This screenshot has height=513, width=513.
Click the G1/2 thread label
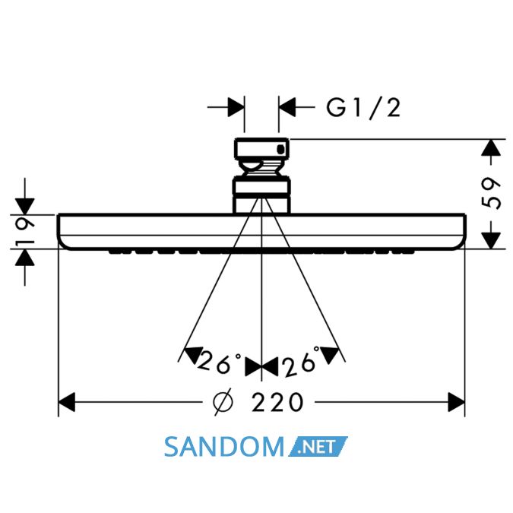363,108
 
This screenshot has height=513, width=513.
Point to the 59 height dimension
491,193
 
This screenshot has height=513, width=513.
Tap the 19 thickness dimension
25,233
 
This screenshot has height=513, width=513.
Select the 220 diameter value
277,402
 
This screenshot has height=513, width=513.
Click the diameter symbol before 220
223,402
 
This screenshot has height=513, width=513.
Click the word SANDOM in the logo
224,447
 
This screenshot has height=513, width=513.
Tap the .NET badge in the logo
318,447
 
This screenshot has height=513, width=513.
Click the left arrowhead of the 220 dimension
67,402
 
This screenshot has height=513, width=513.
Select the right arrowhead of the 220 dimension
457,402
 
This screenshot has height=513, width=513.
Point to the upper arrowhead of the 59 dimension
491,147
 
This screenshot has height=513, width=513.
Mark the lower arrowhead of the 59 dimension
491,240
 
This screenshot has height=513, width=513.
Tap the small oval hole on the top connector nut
280,150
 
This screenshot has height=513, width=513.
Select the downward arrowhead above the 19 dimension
25,207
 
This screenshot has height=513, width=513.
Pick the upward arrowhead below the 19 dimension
25,258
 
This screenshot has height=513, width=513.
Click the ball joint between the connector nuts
261,168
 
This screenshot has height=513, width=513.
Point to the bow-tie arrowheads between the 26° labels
261,366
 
